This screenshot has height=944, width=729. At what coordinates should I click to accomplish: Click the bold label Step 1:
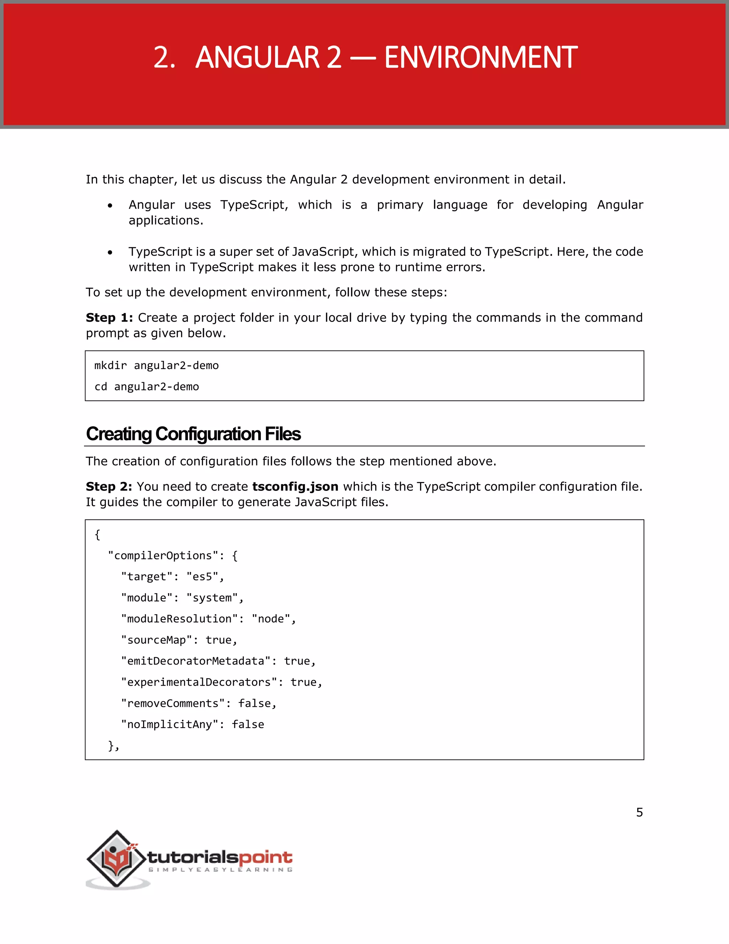click(109, 318)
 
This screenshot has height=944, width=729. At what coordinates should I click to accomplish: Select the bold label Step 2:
click(109, 487)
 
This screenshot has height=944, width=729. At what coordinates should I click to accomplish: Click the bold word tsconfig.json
click(295, 487)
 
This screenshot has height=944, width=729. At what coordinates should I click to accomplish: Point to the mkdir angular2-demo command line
click(156, 366)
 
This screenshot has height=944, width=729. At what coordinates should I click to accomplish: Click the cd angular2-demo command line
click(147, 387)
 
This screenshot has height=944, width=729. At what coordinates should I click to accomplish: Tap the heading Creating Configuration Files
click(193, 434)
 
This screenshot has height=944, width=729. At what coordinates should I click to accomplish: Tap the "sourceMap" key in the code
click(156, 640)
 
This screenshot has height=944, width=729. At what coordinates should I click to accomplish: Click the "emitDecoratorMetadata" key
click(196, 661)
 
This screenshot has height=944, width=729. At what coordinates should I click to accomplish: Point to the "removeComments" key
click(173, 704)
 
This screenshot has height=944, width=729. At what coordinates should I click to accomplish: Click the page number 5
click(639, 813)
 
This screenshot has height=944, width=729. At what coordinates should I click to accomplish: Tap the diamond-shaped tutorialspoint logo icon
click(117, 859)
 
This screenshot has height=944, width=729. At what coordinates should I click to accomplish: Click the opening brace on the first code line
click(98, 535)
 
